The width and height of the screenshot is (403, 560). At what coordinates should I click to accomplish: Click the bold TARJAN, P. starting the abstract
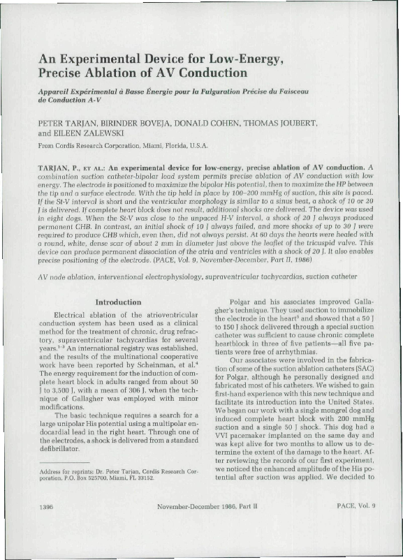[x=56, y=168]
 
